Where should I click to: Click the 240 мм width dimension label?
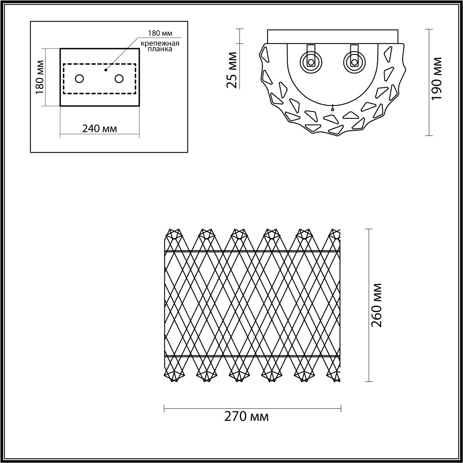(x=100, y=128)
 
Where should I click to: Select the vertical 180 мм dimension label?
(x=39, y=77)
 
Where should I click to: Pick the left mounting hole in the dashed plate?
(x=79, y=79)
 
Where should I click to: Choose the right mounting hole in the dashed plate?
(x=119, y=79)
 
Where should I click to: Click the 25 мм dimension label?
(x=233, y=70)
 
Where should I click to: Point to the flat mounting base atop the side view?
(x=332, y=36)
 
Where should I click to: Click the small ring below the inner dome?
(x=332, y=109)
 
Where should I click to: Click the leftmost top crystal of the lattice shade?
(x=174, y=234)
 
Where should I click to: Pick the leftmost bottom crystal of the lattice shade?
(x=174, y=375)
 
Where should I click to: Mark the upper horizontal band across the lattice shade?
(x=252, y=251)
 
